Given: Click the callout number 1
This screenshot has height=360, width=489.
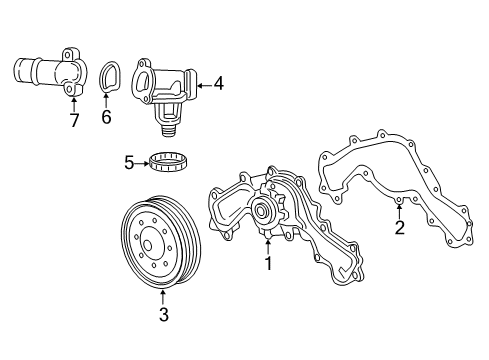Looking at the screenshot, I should [267, 264].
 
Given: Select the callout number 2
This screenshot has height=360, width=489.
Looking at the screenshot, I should [399, 228].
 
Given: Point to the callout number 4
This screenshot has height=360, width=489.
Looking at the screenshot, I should [218, 86].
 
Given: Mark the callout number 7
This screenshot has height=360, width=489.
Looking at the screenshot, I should [73, 120].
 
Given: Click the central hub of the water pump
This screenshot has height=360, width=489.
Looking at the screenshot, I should [265, 211].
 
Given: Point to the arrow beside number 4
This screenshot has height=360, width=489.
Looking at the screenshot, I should [203, 86].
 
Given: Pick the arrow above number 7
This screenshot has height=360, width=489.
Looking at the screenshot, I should [73, 102].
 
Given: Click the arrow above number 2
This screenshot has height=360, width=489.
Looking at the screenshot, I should [399, 211].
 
